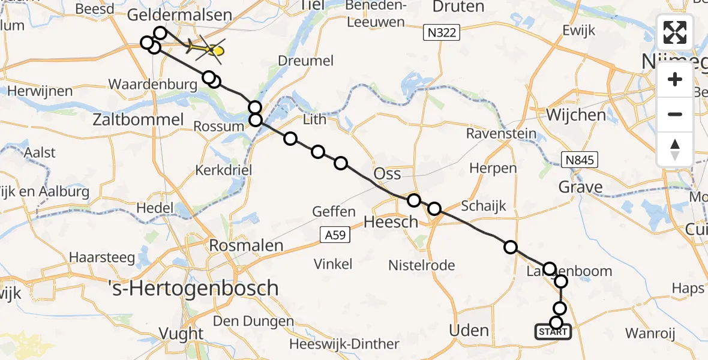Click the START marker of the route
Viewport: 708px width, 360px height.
point(553,332)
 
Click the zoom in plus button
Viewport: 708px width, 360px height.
point(675,79)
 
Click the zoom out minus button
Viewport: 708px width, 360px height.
point(675,114)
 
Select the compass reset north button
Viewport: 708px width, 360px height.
point(675,149)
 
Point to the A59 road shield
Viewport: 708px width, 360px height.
point(332,235)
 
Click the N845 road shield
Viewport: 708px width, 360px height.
point(579,159)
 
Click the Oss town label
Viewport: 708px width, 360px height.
point(387,174)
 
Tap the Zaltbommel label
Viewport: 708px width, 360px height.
point(139,119)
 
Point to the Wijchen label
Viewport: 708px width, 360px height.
point(576,114)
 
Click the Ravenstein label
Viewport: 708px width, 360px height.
point(502,133)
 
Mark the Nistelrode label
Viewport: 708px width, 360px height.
point(421,265)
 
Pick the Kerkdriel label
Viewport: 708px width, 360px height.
point(224,170)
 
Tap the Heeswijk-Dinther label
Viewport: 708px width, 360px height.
point(344,344)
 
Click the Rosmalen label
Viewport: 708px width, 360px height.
point(246,245)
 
